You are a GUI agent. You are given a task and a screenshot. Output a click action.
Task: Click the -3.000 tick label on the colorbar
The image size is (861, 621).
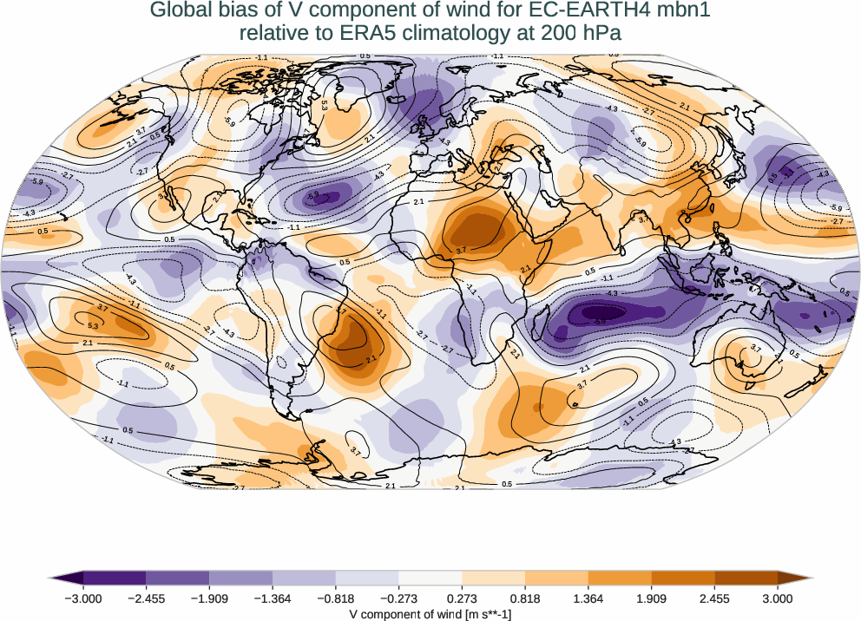84,598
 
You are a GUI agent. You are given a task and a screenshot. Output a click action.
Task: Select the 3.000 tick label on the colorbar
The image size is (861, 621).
778,598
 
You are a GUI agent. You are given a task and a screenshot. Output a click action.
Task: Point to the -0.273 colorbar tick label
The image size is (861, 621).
399,598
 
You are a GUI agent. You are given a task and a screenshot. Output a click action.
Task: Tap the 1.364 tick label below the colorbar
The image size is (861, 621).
588,598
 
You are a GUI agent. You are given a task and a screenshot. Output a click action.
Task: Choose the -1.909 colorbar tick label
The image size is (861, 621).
210,598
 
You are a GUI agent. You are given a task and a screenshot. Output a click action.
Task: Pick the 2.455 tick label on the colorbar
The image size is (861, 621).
714,598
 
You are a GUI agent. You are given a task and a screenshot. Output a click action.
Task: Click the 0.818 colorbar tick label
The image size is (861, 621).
525,598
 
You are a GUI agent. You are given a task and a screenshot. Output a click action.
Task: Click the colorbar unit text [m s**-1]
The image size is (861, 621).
475,612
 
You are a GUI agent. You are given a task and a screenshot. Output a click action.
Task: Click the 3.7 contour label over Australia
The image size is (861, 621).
755,349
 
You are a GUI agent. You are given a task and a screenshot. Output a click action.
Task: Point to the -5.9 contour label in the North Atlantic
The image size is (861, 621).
313,196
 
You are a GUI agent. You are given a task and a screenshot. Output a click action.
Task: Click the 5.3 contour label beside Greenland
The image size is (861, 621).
324,104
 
